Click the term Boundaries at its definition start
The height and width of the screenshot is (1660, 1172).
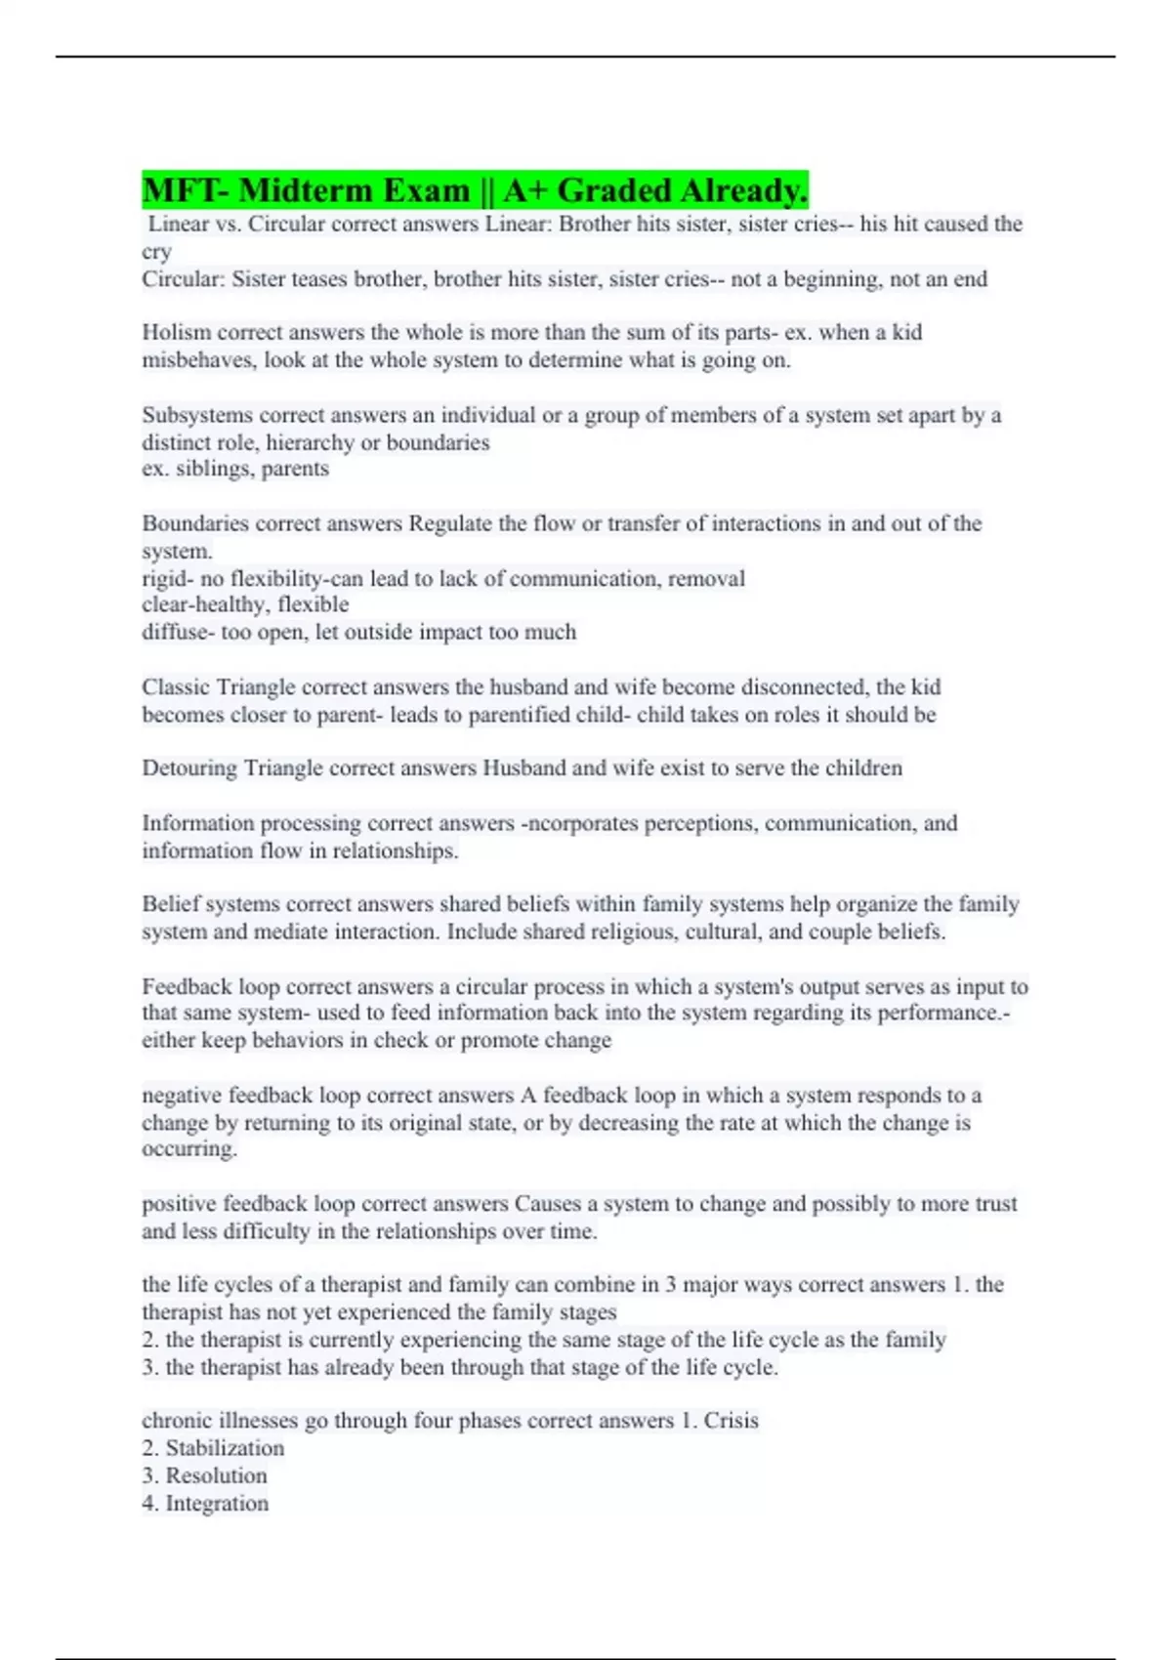point(195,523)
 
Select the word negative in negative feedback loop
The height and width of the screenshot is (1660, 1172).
point(181,1095)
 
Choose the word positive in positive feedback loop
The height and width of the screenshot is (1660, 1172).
point(179,1203)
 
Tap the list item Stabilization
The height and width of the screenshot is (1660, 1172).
point(225,1448)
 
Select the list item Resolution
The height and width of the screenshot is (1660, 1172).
point(216,1475)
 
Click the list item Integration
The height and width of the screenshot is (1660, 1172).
point(217,1503)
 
